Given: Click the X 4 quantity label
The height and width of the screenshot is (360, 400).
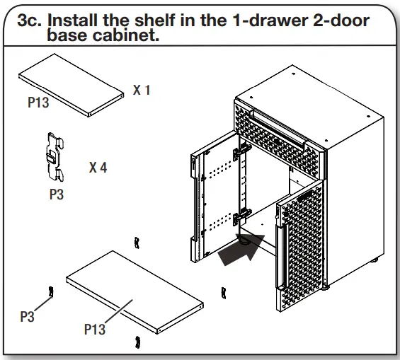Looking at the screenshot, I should pos(98,168).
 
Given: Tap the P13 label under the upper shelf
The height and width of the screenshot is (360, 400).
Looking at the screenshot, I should pos(38,103).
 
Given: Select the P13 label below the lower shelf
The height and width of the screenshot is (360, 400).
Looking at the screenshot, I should pos(95,329).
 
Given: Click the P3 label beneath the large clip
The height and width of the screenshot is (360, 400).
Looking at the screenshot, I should pos(56,194).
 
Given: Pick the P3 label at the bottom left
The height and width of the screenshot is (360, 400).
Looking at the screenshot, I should pos(27,317).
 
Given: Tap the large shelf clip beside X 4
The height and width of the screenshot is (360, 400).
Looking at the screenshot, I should pos(54,153).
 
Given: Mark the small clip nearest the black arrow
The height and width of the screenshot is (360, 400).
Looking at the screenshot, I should pos(224,291).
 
